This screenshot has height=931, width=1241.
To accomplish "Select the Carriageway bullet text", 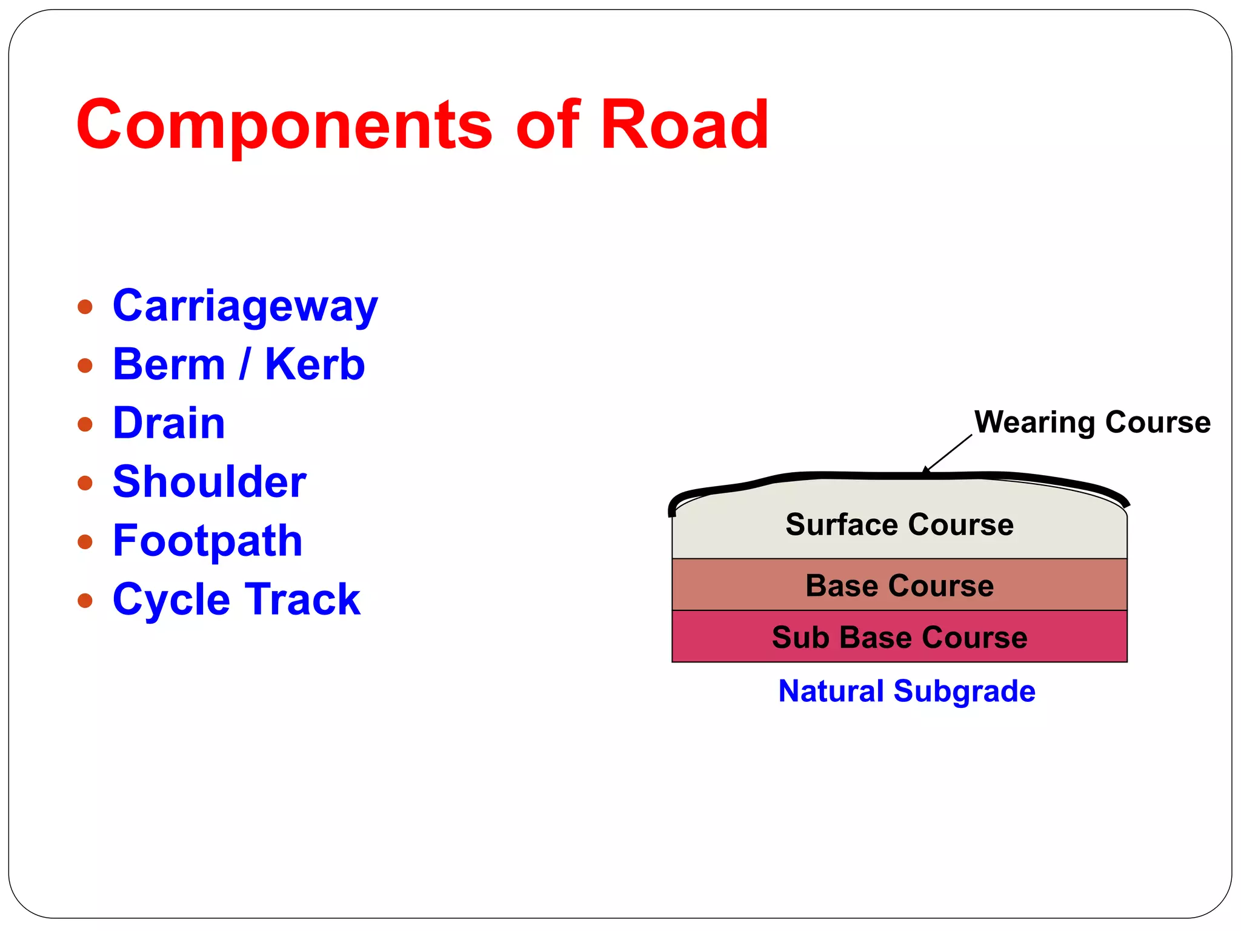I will pyautogui.click(x=245, y=307).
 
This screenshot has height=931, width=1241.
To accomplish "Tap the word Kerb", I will pyautogui.click(x=314, y=365).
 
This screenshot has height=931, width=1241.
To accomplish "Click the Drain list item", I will pyautogui.click(x=168, y=423).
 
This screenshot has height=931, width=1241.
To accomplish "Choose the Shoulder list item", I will pyautogui.click(x=209, y=482).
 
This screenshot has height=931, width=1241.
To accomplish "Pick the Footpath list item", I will pyautogui.click(x=207, y=541).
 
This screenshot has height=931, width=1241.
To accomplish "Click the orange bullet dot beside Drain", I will pyautogui.click(x=85, y=424).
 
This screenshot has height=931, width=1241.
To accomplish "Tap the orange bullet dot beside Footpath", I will pyautogui.click(x=85, y=541).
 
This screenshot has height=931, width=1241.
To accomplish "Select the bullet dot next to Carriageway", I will pyautogui.click(x=85, y=307).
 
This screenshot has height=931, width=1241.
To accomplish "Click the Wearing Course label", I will pyautogui.click(x=1092, y=422).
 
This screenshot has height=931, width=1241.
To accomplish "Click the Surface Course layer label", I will pyautogui.click(x=899, y=524).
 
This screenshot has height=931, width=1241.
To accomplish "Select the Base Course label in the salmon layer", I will pyautogui.click(x=899, y=586).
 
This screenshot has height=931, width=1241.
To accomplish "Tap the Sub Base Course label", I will pyautogui.click(x=899, y=638).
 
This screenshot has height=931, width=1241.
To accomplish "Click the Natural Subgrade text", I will pyautogui.click(x=907, y=691).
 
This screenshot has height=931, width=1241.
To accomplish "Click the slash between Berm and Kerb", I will pyautogui.click(x=245, y=365).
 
